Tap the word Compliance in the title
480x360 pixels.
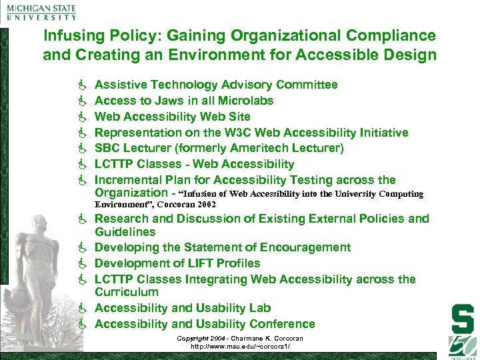(x=396, y=36)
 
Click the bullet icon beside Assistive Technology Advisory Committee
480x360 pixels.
(x=83, y=85)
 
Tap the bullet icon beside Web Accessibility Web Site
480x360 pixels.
(x=83, y=117)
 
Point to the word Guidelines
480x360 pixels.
(x=125, y=232)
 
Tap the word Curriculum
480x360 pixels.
(x=127, y=292)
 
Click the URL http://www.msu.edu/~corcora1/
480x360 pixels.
(x=239, y=347)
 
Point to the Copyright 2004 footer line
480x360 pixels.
(x=239, y=339)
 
